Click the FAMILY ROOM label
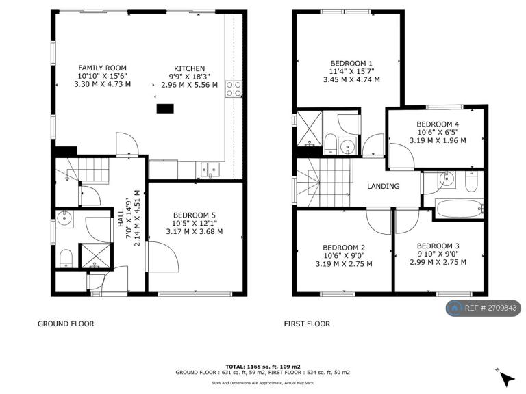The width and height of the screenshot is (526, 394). tap(102, 68)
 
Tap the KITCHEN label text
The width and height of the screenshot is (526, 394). tap(189, 68)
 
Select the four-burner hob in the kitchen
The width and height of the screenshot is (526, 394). tap(234, 89)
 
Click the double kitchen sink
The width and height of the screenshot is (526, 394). tap(210, 170)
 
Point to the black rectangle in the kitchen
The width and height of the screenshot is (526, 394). tap(165, 109)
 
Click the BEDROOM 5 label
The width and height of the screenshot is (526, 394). tap(195, 215)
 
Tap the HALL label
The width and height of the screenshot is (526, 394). tap(121, 218)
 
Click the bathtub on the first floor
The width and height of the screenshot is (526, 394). tap(460, 209)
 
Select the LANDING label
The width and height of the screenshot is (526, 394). tap(383, 186)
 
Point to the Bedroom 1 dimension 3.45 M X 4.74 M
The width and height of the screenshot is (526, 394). tap(351, 80)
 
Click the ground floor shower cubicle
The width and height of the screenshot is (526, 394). tap(97, 256)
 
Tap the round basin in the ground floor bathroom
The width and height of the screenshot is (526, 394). tap(64, 219)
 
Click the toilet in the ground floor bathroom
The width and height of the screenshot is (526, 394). tap(66, 259)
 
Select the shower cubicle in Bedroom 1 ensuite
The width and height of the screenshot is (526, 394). tap(310, 129)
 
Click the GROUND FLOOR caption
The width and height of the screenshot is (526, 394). tap(66, 324)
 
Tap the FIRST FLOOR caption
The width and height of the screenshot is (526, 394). tap(307, 324)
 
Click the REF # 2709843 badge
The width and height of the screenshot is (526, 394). tap(484, 308)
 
